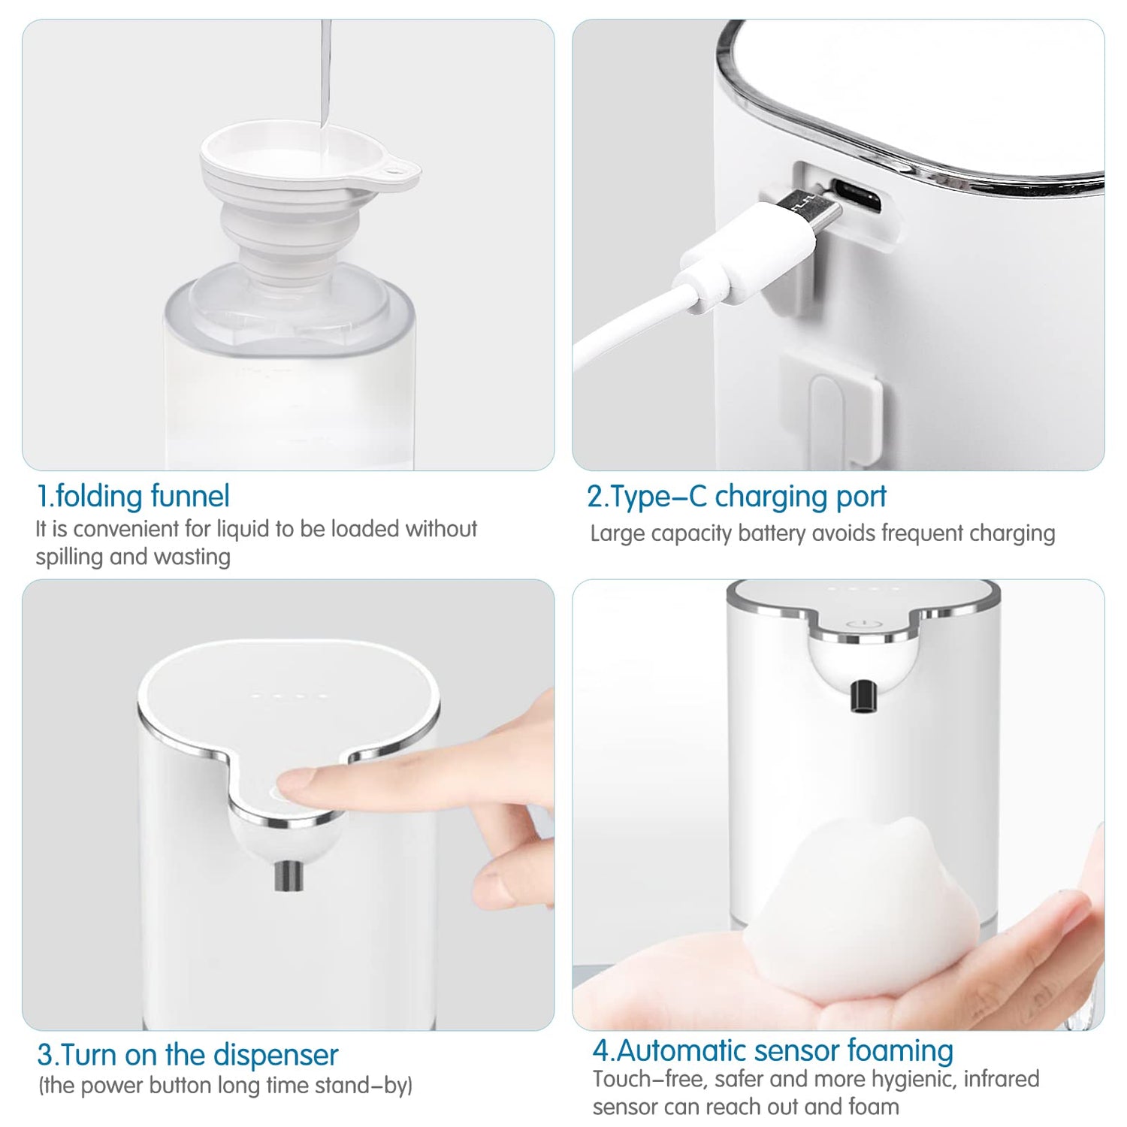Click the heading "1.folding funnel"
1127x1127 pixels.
[133, 496]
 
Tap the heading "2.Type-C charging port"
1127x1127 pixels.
[736, 497]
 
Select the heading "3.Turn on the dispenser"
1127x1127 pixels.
[188, 1055]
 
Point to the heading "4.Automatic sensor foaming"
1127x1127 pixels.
[773, 1050]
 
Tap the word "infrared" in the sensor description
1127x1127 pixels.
[1002, 1079]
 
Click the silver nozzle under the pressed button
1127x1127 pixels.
[289, 876]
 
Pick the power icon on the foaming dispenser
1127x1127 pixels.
[861, 624]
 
